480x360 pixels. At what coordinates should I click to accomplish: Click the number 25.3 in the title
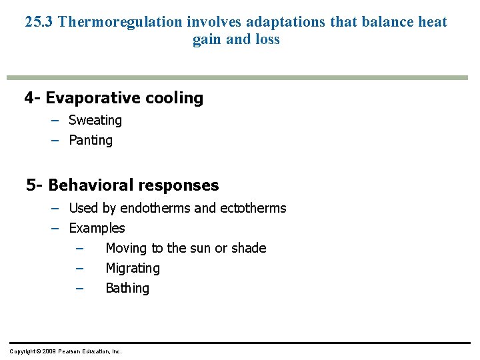(39, 21)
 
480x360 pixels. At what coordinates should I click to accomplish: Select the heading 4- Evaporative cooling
(114, 98)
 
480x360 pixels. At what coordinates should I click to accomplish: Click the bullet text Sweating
(95, 120)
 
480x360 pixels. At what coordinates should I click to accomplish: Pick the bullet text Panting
(91, 140)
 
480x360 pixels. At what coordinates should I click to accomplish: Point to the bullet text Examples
(97, 228)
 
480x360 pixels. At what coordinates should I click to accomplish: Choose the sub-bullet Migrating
(133, 268)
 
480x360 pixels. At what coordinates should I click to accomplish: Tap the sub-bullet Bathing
(127, 288)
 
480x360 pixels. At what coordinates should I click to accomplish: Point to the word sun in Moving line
(202, 248)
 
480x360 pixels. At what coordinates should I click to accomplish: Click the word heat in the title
(433, 21)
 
